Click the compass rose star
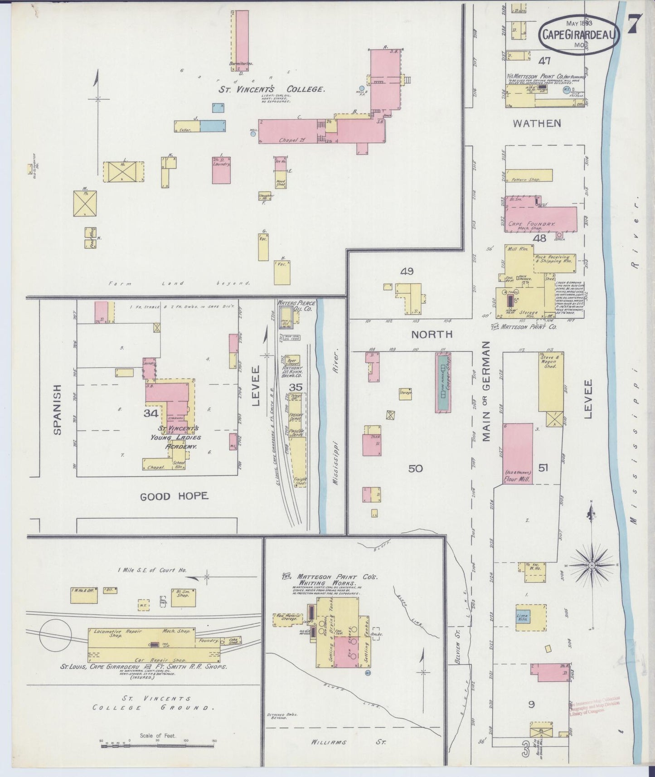click(592, 566)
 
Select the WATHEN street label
click(537, 123)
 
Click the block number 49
click(407, 272)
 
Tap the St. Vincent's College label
click(272, 89)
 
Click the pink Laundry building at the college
click(221, 170)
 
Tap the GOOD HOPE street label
click(174, 496)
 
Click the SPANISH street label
click(58, 410)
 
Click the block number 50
click(415, 468)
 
